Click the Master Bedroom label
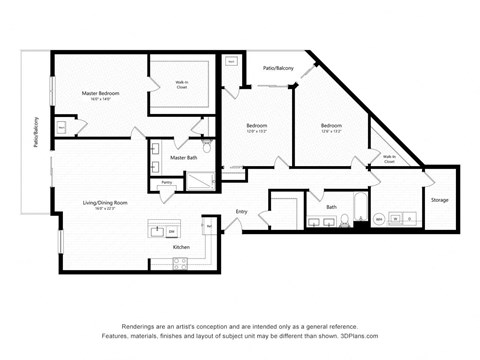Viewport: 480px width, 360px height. coord(101,93)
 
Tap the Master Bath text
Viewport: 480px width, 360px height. coord(184,158)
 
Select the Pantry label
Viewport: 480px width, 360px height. coord(166,182)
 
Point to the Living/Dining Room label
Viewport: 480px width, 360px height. coord(105,203)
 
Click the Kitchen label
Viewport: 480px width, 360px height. coord(181,246)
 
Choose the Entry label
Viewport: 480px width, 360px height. coord(241,212)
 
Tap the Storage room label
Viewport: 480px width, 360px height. coord(440,200)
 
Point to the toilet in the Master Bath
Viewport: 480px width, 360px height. coord(207,146)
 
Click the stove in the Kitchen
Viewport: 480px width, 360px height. coord(182,264)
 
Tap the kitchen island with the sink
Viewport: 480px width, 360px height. coord(163,230)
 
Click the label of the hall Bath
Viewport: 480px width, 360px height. coord(331,207)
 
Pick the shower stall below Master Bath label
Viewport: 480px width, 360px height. coord(200,181)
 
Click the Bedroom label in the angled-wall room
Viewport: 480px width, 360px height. coord(331,125)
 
